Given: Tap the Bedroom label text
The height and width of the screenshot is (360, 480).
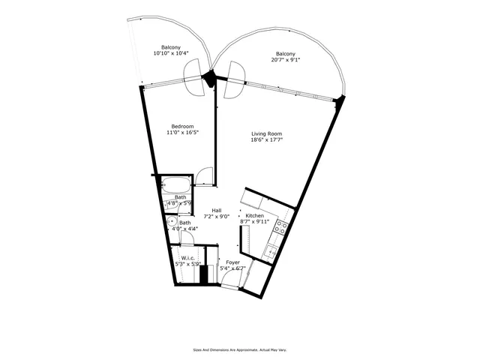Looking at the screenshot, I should (x=182, y=126).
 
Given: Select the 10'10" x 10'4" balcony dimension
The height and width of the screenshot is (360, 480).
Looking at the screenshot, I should (x=170, y=54).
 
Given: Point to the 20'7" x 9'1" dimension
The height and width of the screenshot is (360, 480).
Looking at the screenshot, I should (x=285, y=61).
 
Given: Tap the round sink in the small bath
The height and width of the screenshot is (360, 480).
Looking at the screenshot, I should (x=169, y=222).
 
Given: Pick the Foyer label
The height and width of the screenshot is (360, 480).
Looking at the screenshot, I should (x=232, y=262).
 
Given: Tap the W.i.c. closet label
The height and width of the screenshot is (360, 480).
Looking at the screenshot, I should (x=188, y=257).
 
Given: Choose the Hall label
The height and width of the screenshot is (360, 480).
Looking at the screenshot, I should (x=216, y=211).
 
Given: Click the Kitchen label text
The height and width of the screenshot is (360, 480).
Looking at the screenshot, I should (x=255, y=215).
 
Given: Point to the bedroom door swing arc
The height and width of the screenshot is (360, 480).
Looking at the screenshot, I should (x=203, y=177).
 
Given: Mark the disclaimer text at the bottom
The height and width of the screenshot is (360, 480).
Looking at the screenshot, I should (x=240, y=349).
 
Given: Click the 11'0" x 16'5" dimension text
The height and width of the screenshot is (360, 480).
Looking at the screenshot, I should (x=182, y=133).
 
